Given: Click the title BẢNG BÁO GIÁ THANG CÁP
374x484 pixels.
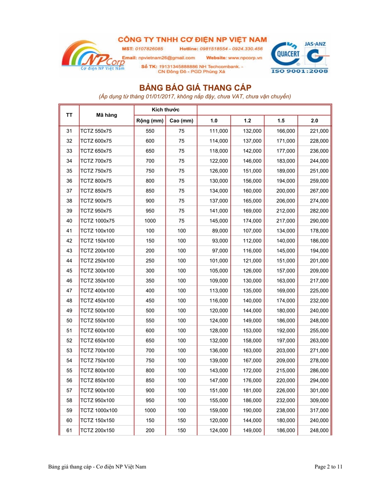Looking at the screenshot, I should tap(195, 88).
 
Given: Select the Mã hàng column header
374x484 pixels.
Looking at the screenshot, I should tap(107, 115).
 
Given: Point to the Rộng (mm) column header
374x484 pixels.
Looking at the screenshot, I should tap(150, 121).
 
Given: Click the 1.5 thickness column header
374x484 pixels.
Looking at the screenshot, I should tap(281, 121).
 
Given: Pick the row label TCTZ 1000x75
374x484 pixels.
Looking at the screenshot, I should tap(97, 221).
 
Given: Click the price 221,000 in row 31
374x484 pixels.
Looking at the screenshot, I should tap(319, 131).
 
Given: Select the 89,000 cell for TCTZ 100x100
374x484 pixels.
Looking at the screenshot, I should tap(219, 231).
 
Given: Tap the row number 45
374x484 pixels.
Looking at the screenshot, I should tap(69, 271).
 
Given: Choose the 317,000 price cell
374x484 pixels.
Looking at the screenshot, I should tap(319, 411).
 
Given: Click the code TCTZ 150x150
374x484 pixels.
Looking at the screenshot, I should tap(97, 421).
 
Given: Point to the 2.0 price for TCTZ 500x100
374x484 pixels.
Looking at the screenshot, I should tap(319, 311).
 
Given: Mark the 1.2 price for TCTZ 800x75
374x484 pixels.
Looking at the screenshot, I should tap(252, 181).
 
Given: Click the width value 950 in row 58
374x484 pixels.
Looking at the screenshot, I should tap(150, 401).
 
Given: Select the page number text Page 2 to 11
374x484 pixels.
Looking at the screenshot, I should tap(328, 467).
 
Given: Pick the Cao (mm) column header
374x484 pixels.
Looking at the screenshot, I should tap(181, 121).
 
